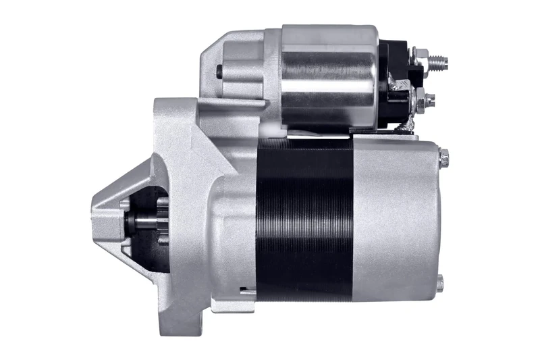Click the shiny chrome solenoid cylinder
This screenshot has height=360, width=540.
coord(329,78)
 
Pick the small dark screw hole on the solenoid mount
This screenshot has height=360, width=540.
coord(221,70)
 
